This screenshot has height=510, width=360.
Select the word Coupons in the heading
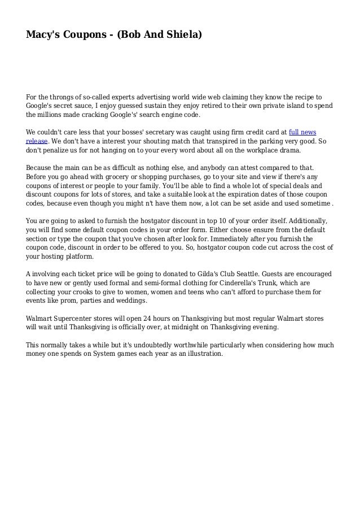82,36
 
